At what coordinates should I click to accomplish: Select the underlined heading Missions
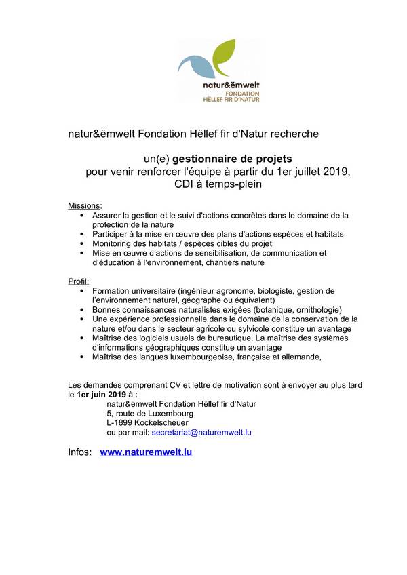pos(84,205)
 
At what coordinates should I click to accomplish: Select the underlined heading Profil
pos(78,281)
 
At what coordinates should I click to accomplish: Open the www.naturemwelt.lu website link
pos(146,452)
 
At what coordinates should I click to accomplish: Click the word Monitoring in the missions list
pos(115,243)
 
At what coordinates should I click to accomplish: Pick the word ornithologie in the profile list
pos(316,309)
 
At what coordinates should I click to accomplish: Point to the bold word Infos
pos(80,452)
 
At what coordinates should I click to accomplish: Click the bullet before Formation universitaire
pos(83,291)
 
